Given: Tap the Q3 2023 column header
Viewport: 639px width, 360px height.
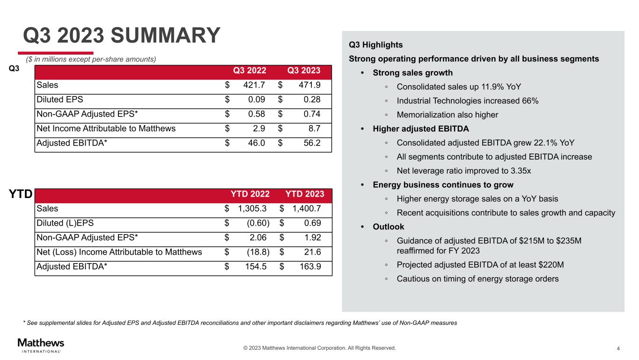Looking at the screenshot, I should (x=304, y=71).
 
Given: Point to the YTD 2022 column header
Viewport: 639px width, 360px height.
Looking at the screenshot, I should (x=250, y=194).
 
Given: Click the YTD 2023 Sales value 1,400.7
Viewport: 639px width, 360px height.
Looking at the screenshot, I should (x=307, y=209).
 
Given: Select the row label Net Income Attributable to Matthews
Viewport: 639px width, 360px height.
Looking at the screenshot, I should (x=106, y=128).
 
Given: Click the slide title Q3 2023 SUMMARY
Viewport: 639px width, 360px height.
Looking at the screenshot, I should (x=122, y=36).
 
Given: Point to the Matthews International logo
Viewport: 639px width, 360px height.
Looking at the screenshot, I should (x=41, y=345).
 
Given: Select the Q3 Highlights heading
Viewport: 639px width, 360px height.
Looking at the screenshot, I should (x=376, y=45).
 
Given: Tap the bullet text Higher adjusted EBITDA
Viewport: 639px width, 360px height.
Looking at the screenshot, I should (x=420, y=129).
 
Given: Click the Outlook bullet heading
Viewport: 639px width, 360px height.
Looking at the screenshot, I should (x=388, y=227).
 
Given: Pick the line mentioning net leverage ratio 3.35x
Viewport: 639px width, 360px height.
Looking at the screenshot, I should (x=463, y=171).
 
